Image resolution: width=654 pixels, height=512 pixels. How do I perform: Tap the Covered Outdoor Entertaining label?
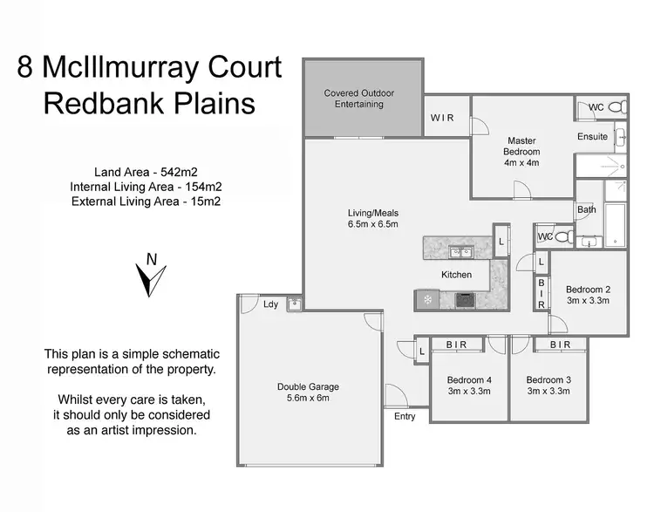pos(359,99)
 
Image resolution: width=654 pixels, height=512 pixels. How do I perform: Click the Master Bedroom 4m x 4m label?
pos(521,151)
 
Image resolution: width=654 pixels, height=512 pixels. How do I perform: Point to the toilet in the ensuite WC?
pos(615,108)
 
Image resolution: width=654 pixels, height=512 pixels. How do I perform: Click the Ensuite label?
pos(592,137)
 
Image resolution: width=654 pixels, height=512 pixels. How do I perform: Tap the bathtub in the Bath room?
pos(615,224)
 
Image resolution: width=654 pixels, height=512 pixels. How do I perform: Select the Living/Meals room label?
pos(373,218)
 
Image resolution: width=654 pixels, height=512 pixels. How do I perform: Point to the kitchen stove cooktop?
pos(467,300)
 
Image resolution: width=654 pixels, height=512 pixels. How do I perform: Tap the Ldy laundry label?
pos(270,304)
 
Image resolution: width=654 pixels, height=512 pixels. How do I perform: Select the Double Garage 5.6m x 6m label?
pos(308,393)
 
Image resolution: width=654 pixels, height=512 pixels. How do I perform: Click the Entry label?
pos(405,417)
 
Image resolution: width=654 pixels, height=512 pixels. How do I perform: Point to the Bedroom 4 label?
pos(469,386)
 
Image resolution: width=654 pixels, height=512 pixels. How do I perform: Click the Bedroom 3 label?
pos(548,386)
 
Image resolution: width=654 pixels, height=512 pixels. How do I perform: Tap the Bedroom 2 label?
pos(588,295)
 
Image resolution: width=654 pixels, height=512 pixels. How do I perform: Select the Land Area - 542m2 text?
pos(146,172)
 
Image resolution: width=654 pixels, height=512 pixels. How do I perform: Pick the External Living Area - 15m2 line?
pos(146,201)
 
